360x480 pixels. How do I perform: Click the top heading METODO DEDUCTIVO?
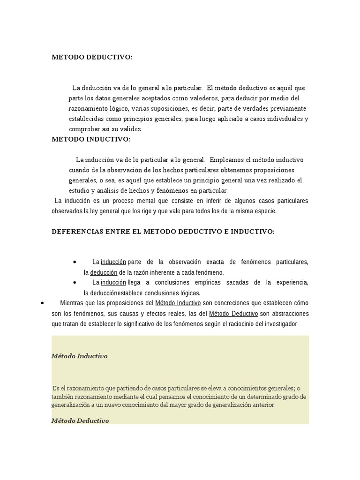click(92, 57)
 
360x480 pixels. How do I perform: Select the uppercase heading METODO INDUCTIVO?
click(91, 139)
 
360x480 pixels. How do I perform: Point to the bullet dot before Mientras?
click(43, 303)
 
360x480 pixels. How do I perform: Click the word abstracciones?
click(290, 313)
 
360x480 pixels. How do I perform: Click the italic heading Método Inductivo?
click(79, 356)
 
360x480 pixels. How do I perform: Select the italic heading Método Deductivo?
click(80, 420)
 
